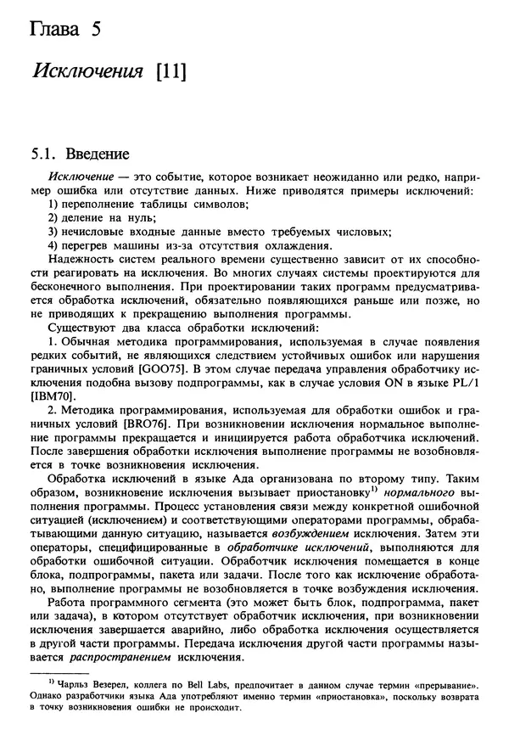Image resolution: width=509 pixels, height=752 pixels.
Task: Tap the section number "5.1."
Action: click(x=43, y=155)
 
